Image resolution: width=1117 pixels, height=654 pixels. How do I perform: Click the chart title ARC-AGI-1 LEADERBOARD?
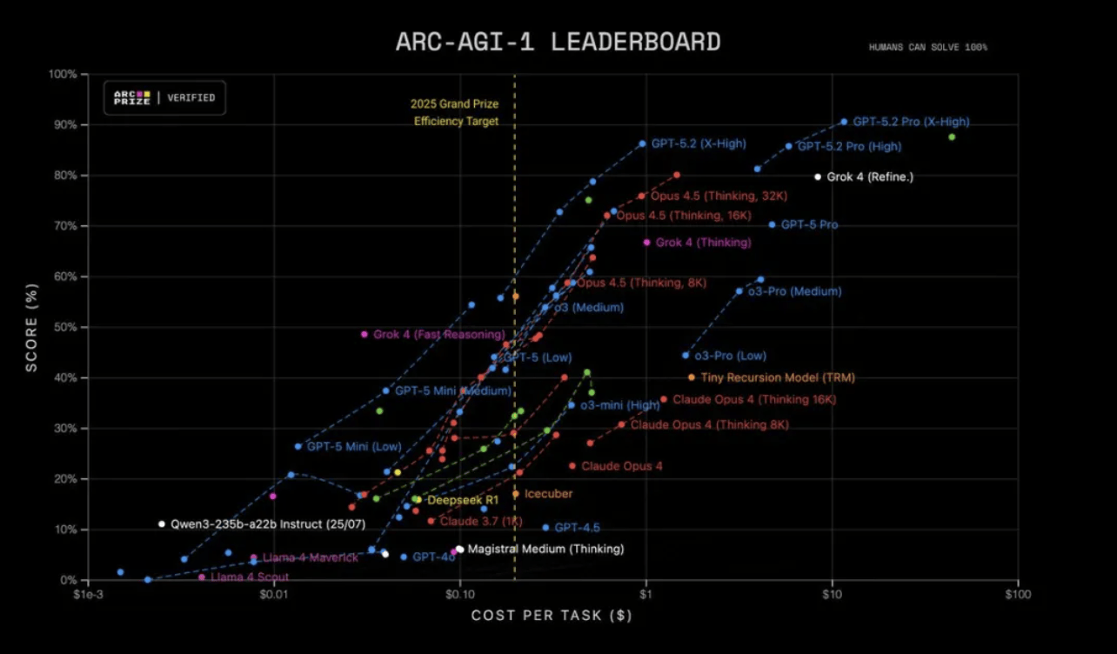tap(558, 41)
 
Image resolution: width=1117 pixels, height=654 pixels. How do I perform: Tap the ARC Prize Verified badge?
tap(165, 97)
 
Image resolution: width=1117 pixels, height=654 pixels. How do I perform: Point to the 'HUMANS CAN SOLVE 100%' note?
tap(927, 47)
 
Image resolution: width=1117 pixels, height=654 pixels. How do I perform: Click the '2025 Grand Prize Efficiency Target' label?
tap(455, 113)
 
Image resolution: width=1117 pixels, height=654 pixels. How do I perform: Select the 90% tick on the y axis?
tap(66, 125)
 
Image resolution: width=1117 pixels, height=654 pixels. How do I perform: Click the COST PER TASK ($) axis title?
tap(551, 616)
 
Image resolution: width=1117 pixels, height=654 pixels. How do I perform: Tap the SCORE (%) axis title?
tap(31, 326)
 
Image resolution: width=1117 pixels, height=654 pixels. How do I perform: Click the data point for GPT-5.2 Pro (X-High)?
tap(844, 122)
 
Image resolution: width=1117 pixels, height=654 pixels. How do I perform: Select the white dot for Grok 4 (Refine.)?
tap(818, 177)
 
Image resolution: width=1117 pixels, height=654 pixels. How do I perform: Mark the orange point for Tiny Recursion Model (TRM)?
tap(692, 377)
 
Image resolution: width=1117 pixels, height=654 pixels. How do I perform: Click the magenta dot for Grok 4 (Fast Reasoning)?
tap(365, 334)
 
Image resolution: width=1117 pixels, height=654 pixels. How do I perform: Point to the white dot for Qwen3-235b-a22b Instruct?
tap(162, 524)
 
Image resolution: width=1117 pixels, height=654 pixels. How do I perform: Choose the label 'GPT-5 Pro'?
tap(809, 224)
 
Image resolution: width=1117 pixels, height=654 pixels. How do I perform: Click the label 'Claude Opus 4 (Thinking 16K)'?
tap(753, 400)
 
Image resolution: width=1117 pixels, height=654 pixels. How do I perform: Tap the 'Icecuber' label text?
tap(548, 494)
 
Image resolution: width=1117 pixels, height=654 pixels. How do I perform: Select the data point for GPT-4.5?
tap(545, 528)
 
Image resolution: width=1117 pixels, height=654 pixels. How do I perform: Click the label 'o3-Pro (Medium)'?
tap(794, 291)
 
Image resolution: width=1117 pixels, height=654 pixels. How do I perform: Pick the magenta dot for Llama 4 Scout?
tap(202, 577)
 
